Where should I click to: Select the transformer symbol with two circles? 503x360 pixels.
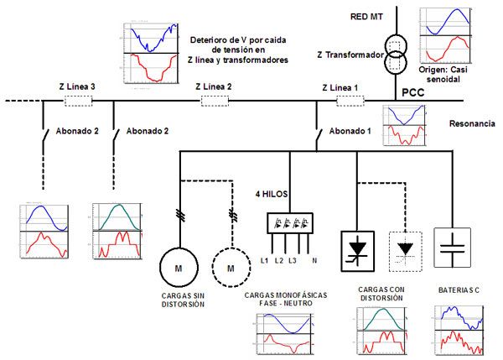(x=396, y=51)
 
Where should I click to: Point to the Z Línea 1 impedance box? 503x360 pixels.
(x=349, y=102)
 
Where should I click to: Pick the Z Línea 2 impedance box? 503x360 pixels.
(x=215, y=102)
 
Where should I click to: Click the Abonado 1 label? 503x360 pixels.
(x=350, y=131)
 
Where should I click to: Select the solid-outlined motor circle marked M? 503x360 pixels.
(x=178, y=268)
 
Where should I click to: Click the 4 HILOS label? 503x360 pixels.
(x=272, y=194)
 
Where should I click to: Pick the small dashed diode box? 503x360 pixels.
(x=407, y=248)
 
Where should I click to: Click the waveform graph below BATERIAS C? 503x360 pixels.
(x=460, y=329)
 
